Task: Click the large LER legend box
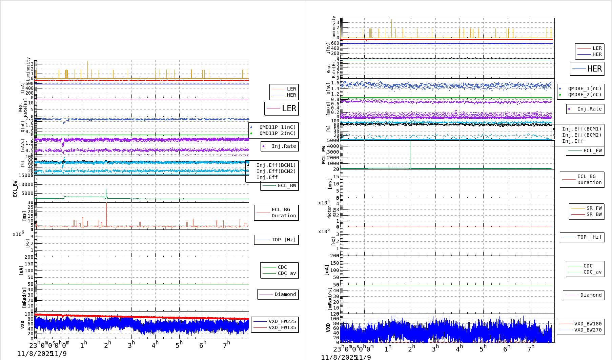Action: pyautogui.click(x=282, y=108)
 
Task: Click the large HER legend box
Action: pyautogui.click(x=587, y=69)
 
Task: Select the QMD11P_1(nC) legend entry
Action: pyautogui.click(x=277, y=127)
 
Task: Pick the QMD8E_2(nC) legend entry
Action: pyautogui.click(x=584, y=95)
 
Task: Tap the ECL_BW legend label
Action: pyautogui.click(x=287, y=185)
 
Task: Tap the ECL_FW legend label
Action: pyautogui.click(x=592, y=151)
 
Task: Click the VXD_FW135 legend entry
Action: pyautogui.click(x=282, y=327)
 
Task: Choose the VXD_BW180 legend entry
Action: pyautogui.click(x=588, y=324)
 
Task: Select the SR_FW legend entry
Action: pyautogui.click(x=594, y=208)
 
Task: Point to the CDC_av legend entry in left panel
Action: pyautogui.click(x=287, y=273)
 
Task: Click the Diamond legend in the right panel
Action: pyautogui.click(x=591, y=295)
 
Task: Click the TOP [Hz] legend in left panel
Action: pyautogui.click(x=283, y=240)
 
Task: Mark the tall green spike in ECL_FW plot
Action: pyautogui.click(x=410, y=153)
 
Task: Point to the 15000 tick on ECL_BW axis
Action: pyautogui.click(x=26, y=175)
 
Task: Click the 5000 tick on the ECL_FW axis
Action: pyautogui.click(x=333, y=140)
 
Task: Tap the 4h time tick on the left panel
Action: pyautogui.click(x=155, y=345)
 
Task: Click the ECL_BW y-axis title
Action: pyautogui.click(x=15, y=188)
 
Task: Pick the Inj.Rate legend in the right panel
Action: pyautogui.click(x=589, y=109)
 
